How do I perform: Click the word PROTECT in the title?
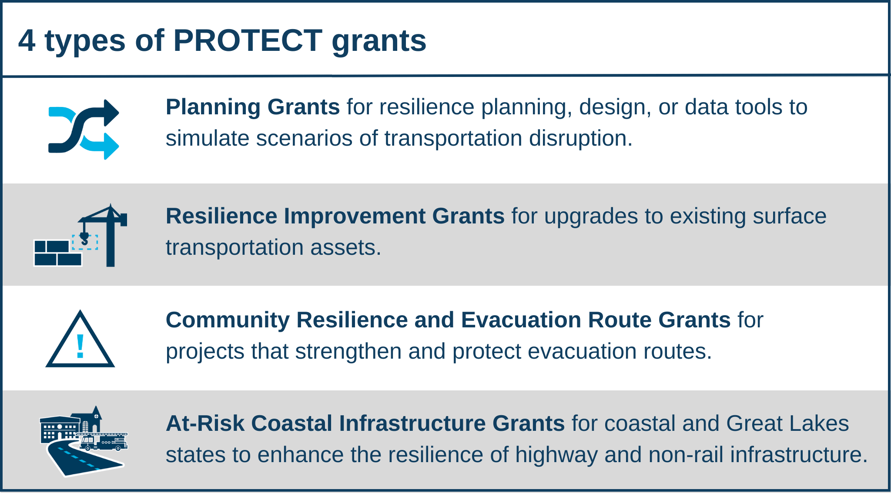(x=248, y=41)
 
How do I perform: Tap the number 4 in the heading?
(x=27, y=41)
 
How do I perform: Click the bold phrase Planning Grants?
(x=252, y=107)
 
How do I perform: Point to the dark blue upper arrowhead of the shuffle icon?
(x=111, y=113)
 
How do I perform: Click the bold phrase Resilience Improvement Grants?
(x=335, y=216)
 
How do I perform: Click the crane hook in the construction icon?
(x=84, y=238)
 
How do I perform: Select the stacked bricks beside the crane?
(x=57, y=253)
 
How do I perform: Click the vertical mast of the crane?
(x=111, y=243)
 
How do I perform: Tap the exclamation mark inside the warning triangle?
(x=80, y=346)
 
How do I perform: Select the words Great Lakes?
(x=787, y=423)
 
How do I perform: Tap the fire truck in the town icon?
(x=104, y=442)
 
